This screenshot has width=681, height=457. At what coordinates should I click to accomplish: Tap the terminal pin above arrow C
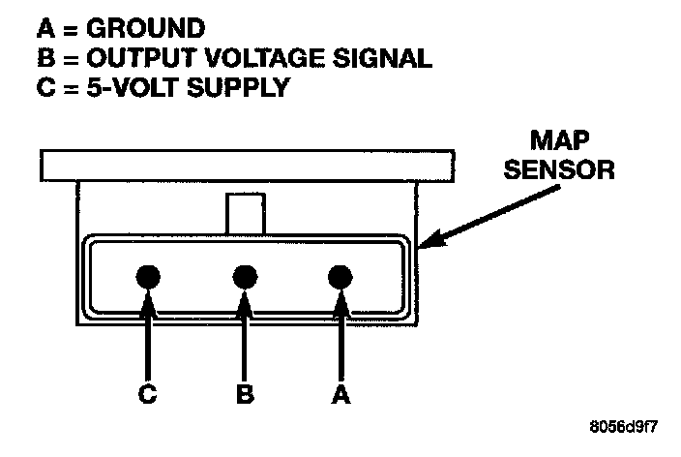pyautogui.click(x=148, y=278)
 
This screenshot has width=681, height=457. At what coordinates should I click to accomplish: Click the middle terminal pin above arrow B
pyautogui.click(x=245, y=278)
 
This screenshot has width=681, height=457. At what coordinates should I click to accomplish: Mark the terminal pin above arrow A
pyautogui.click(x=339, y=278)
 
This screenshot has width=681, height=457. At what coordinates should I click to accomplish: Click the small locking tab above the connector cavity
pyautogui.click(x=245, y=213)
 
